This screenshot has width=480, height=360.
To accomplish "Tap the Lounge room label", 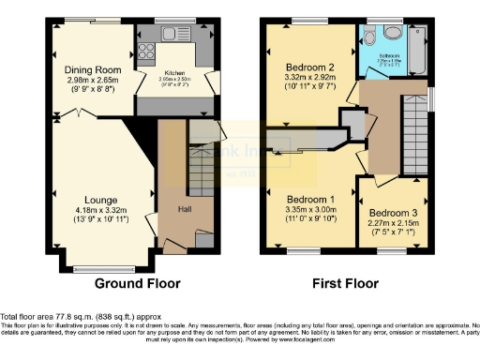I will pyautogui.click(x=100, y=199).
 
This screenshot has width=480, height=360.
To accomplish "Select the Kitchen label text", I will pyautogui.click(x=172, y=70).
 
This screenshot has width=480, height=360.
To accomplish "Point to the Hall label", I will pyautogui.click(x=186, y=210).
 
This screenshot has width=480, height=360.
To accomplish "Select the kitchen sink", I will pyautogui.click(x=173, y=34).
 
